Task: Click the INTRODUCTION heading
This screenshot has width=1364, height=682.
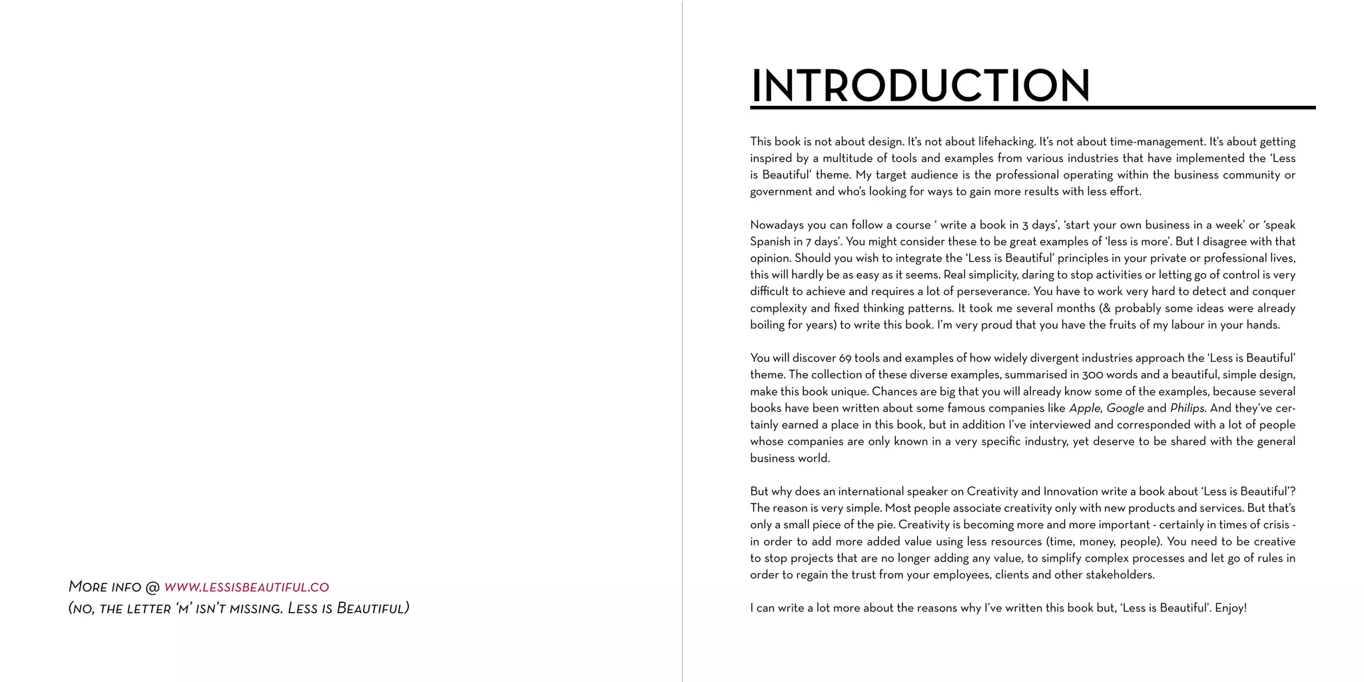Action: point(920,86)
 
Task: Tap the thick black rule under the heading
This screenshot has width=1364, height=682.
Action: point(1032,107)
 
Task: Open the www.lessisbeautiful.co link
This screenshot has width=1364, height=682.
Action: point(246,587)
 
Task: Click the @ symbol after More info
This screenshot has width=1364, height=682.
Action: point(153,587)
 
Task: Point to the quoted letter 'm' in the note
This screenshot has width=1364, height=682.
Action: point(184,609)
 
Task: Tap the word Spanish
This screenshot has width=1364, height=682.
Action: point(770,241)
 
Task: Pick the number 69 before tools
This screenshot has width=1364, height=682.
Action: point(845,358)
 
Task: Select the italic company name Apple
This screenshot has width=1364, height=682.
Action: point(1084,408)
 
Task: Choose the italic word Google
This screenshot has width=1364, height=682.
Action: point(1125,408)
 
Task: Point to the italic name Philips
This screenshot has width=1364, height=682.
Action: point(1188,408)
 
